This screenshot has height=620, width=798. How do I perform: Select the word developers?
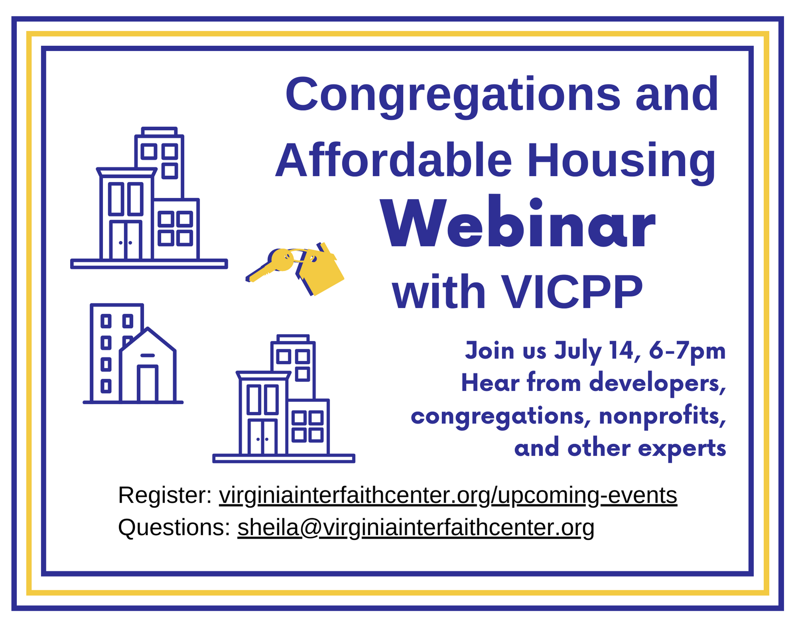point(658,384)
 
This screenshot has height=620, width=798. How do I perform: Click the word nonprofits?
point(662,416)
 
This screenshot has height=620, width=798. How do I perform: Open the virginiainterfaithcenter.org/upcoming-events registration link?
point(448,496)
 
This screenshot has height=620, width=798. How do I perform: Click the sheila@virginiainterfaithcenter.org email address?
point(416,528)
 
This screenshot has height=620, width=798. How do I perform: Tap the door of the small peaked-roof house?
point(148,384)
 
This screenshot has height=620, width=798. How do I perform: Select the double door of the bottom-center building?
point(263,437)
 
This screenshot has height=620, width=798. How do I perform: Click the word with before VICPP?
point(439,292)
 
